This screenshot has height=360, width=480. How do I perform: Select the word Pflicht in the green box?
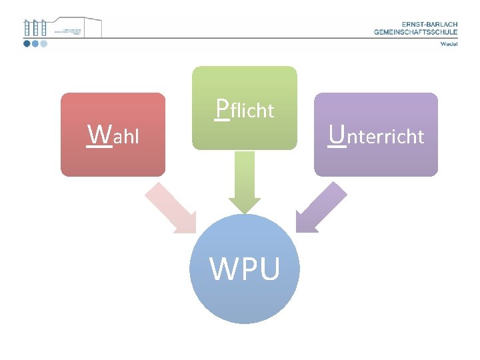pos(245,109)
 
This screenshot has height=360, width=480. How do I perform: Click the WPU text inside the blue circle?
pos(245,269)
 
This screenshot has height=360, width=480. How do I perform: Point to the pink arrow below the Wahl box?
pos(172,209)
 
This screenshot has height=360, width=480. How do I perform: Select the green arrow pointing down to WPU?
pos(245,184)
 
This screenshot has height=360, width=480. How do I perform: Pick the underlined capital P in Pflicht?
pos(223,108)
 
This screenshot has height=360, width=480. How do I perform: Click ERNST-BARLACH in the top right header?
pos(425,24)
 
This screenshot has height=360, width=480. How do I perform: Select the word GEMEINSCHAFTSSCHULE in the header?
pos(415,31)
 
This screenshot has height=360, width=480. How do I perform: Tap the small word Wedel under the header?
pos(449,45)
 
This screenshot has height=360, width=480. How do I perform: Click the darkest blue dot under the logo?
pos(27,44)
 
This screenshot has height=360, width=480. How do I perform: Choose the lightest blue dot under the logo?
pos(44,44)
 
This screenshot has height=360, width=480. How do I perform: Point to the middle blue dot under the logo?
pos(35,44)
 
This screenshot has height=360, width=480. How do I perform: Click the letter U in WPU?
pos(269,269)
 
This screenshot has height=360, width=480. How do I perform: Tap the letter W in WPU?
pos(223,269)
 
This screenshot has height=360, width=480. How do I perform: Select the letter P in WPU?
pos(247,269)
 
